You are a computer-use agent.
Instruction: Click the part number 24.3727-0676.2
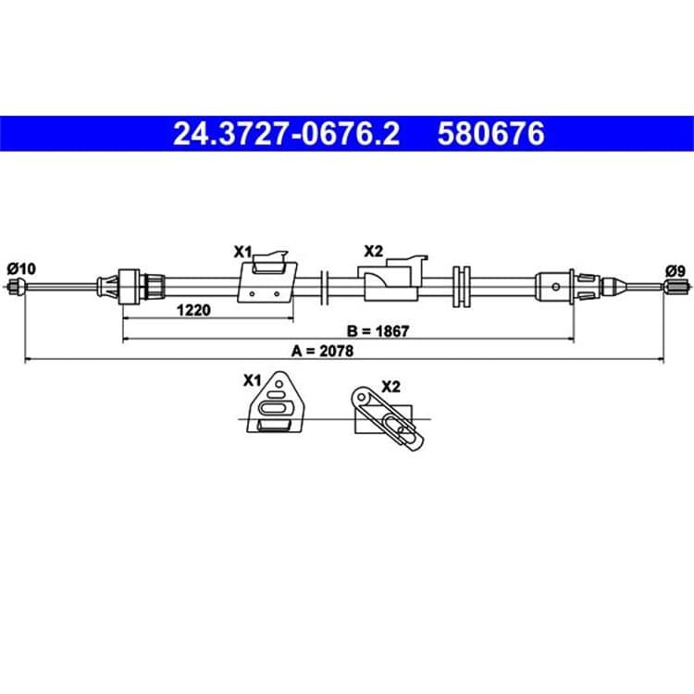coord(286,133)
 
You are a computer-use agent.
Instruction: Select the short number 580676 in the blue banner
coord(490,133)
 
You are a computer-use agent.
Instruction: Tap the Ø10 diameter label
coord(21,268)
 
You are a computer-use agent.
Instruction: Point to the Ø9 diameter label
coord(675,271)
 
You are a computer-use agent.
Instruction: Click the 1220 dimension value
coord(193,310)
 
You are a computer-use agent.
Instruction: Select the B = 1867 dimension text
coord(378,330)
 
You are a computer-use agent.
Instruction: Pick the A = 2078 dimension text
coord(322,351)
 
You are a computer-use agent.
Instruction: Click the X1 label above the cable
coord(242,253)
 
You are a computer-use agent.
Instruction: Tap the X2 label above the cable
coord(373,252)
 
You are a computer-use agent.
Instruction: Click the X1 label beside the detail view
coord(253,380)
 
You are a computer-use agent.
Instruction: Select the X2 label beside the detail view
coord(390,387)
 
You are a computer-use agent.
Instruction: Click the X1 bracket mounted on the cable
coord(267,278)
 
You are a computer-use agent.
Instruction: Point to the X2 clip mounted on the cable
coord(392,278)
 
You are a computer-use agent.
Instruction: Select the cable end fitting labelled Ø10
coord(16,286)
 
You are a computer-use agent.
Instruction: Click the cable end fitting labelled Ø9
coord(675,286)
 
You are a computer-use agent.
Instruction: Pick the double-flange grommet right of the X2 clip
coord(462,286)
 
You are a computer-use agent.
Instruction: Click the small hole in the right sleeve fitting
coord(555,287)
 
